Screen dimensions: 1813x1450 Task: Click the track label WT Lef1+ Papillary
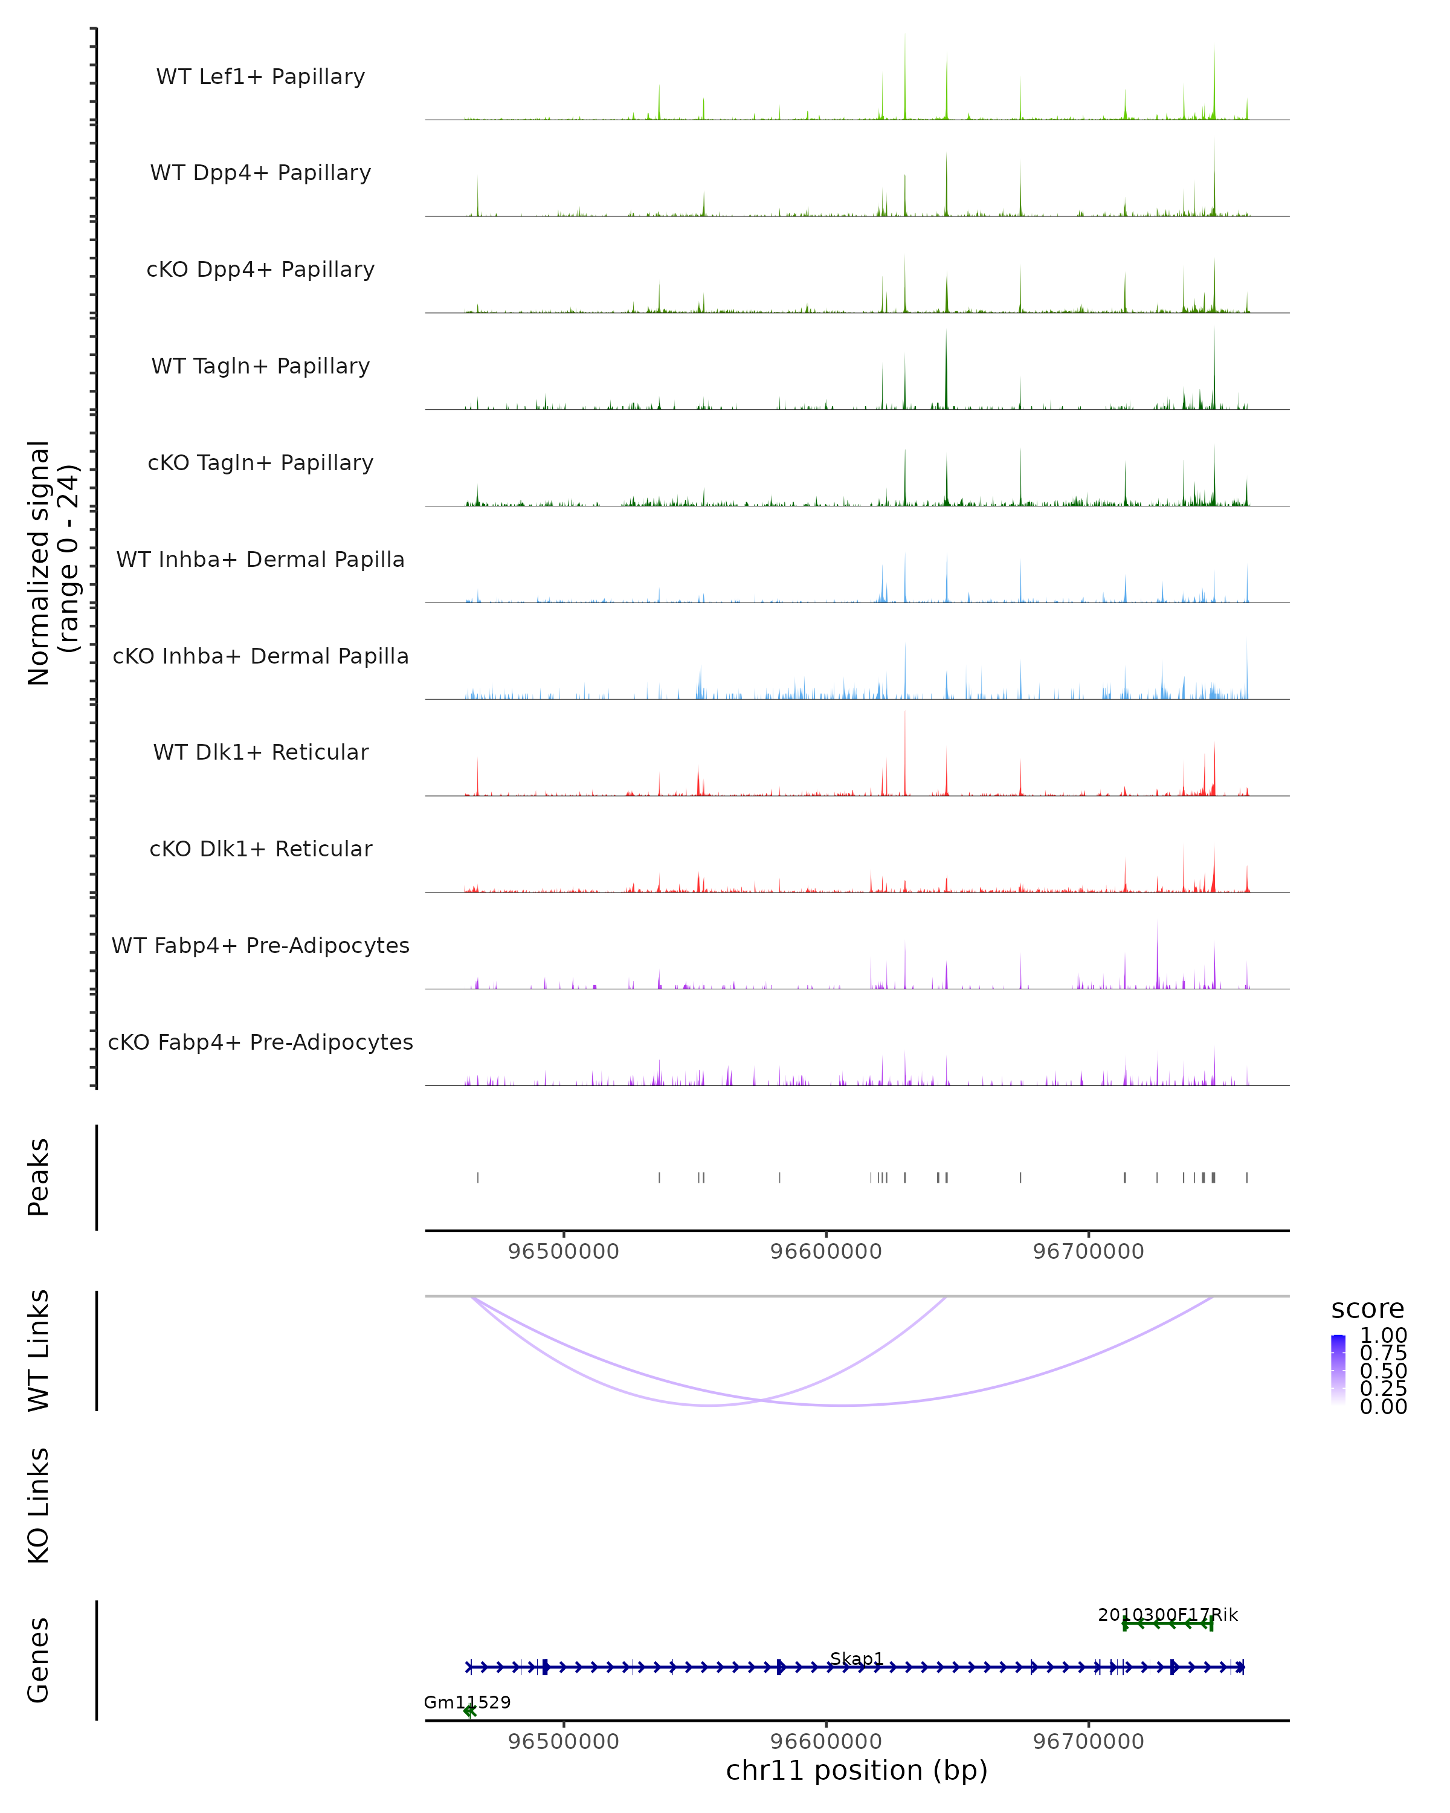click(x=260, y=77)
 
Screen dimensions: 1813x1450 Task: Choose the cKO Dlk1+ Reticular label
click(x=260, y=848)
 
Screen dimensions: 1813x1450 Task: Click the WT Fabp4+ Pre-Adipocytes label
click(x=260, y=945)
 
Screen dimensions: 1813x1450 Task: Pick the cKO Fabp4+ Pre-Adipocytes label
click(x=260, y=1042)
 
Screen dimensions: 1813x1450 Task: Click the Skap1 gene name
click(x=857, y=1658)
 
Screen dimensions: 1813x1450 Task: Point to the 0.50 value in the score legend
click(x=1383, y=1371)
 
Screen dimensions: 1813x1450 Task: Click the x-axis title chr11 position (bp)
click(x=857, y=1770)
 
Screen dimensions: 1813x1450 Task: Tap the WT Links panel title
click(x=39, y=1351)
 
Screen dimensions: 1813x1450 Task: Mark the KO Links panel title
click(x=39, y=1505)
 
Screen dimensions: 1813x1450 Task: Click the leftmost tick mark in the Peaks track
click(x=478, y=1177)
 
